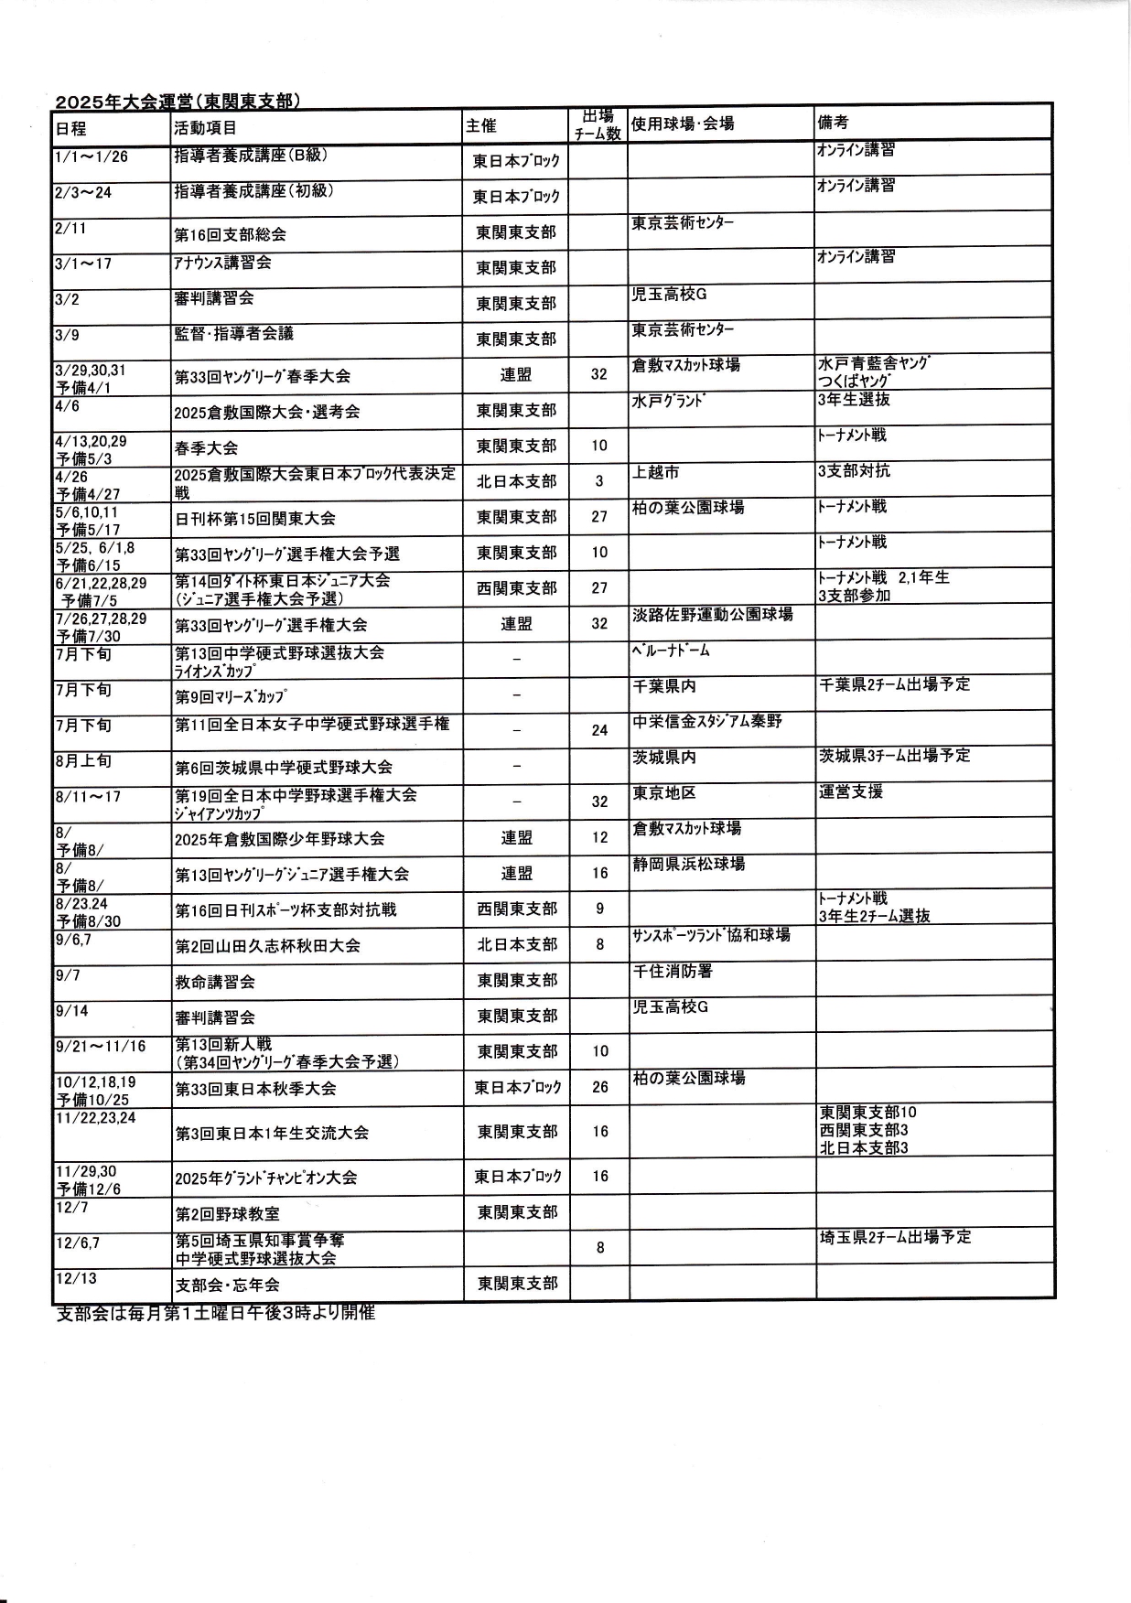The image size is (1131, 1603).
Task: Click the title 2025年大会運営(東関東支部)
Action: (x=178, y=101)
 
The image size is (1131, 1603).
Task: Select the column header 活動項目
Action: (x=205, y=127)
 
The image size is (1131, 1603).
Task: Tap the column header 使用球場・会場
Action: (x=683, y=123)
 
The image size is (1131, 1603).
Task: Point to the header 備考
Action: (x=834, y=122)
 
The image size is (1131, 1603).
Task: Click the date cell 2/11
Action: (x=70, y=228)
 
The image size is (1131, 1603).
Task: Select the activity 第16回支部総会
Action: (x=230, y=234)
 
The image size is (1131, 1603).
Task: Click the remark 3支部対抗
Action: (x=853, y=471)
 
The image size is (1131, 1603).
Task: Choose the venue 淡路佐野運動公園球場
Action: (x=712, y=614)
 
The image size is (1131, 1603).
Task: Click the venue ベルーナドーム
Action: (x=671, y=651)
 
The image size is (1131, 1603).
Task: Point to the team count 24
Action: (x=599, y=730)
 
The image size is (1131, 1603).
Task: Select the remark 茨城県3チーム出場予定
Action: (x=894, y=756)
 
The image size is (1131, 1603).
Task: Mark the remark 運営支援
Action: (x=850, y=791)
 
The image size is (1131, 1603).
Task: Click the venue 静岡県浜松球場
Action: (x=688, y=864)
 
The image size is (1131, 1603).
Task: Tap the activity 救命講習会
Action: (x=215, y=982)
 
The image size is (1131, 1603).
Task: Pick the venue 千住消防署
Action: (x=673, y=971)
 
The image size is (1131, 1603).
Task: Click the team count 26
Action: (x=599, y=1088)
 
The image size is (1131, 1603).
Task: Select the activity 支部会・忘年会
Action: (x=227, y=1285)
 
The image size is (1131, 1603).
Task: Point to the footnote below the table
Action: (x=216, y=1314)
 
